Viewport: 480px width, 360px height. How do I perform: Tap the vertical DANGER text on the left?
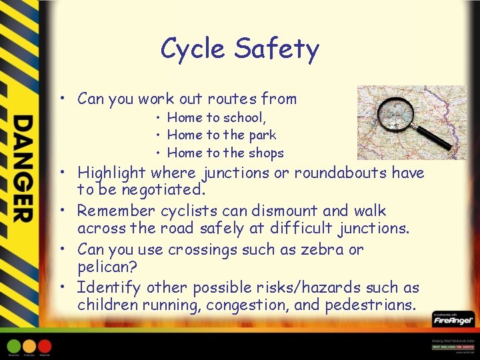point(22,169)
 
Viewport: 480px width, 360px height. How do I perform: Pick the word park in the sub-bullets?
point(262,135)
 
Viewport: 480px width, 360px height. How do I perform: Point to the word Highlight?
point(111,173)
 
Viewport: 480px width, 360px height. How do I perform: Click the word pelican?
point(106,267)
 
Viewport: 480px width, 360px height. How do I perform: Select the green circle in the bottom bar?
point(14,346)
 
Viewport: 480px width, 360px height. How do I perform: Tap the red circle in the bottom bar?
point(45,346)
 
